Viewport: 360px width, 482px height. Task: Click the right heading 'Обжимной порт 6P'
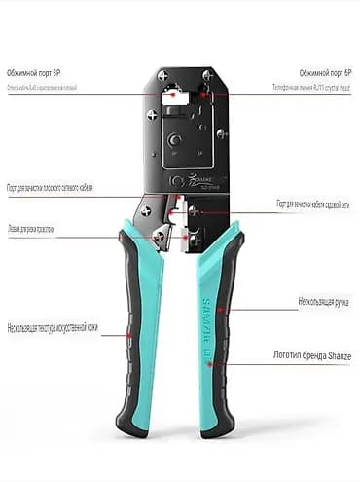[325, 73]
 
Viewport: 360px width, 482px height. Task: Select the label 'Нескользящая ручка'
[325, 303]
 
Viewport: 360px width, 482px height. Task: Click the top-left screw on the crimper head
[161, 75]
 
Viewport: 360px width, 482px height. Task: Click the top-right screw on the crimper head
[206, 75]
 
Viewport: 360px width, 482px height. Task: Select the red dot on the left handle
[129, 334]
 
